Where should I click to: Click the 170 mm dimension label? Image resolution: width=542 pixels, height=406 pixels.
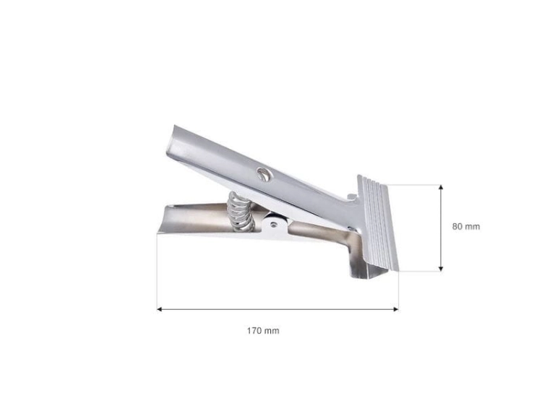263,331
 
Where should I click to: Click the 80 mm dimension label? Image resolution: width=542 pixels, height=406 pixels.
466,227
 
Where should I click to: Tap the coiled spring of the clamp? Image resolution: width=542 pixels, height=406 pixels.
241,212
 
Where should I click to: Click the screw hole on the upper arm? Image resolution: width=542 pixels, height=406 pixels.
264,173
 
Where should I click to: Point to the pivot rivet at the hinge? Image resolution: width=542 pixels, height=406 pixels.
274,224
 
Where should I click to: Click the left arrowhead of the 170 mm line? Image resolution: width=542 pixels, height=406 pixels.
160,309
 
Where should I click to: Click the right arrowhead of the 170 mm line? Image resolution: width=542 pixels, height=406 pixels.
396,309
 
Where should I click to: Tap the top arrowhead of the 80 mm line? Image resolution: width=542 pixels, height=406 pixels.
441,187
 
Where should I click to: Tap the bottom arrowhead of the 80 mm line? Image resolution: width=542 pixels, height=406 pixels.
441,269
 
